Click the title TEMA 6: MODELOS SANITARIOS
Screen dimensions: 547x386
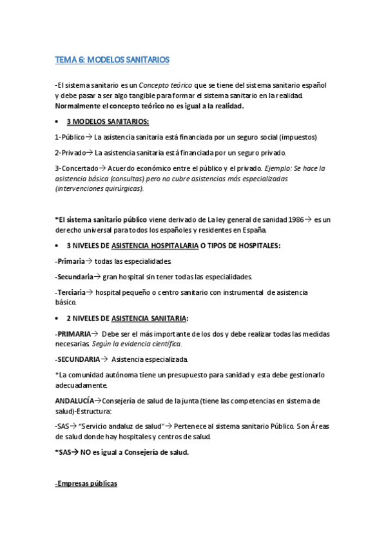coord(112,59)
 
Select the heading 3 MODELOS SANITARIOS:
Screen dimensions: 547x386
coord(108,121)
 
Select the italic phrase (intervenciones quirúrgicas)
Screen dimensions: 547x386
coord(100,188)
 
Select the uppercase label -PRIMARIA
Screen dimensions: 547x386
coord(72,333)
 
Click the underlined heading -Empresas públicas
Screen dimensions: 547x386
coord(86,483)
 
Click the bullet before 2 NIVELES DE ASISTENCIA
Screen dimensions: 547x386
coord(59,318)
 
